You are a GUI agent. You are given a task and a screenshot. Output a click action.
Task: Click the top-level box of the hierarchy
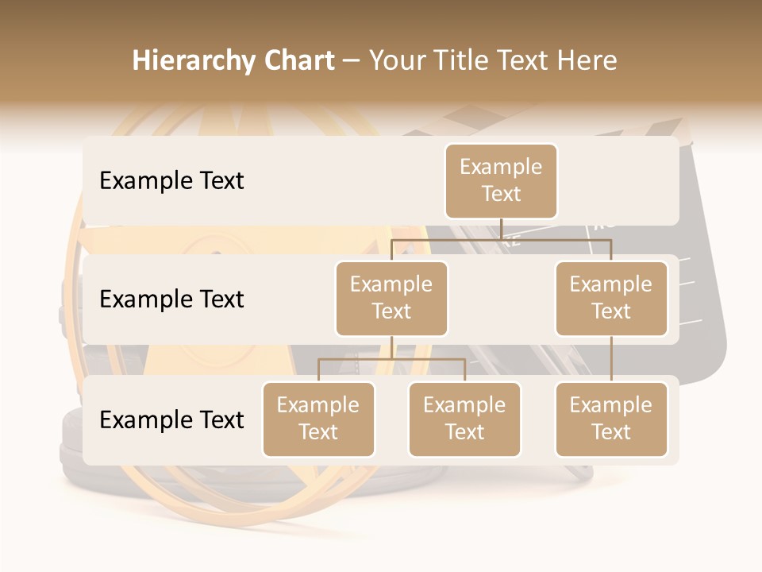pos(501,181)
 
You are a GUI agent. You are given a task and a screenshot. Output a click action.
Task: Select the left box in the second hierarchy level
pos(391,298)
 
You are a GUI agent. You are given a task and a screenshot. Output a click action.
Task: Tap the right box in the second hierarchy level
pos(611,298)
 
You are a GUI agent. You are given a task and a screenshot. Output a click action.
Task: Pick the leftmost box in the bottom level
pos(318,419)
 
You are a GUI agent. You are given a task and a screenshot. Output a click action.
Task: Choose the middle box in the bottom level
pos(464,419)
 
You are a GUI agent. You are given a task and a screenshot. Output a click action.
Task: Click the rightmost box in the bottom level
pos(611,419)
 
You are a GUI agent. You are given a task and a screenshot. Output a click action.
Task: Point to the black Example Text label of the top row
pos(171,181)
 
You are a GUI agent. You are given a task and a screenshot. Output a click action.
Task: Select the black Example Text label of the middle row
pos(171,300)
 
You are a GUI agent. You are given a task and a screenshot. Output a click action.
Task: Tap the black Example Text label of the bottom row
pos(171,420)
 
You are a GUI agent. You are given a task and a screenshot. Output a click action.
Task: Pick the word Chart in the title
pos(299,60)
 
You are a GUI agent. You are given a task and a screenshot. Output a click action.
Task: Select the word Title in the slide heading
pos(466,60)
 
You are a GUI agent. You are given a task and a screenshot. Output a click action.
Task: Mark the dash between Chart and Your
pos(352,62)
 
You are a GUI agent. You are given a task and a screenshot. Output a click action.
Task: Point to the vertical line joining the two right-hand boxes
pos(611,359)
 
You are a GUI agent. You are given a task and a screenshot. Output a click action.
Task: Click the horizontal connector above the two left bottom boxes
pos(391,359)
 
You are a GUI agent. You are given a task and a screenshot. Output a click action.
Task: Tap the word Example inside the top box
pos(501,167)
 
